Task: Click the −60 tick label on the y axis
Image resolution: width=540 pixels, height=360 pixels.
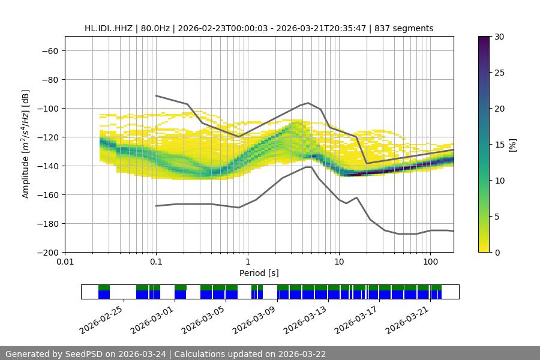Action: [49, 50]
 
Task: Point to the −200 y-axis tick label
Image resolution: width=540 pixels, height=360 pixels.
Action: [47, 252]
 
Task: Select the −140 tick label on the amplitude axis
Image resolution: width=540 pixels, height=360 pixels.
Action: [47, 166]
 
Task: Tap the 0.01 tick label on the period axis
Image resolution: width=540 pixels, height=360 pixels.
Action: [65, 262]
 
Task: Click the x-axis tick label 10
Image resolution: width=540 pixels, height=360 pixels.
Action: [339, 262]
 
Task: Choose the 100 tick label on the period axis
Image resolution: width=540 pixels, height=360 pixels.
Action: [430, 262]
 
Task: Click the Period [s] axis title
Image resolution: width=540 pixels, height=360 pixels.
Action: [259, 273]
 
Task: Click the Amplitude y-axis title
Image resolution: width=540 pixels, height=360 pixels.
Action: [26, 144]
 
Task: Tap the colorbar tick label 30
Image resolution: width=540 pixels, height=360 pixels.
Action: [499, 37]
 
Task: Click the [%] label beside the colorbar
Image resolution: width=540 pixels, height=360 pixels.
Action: [512, 144]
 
